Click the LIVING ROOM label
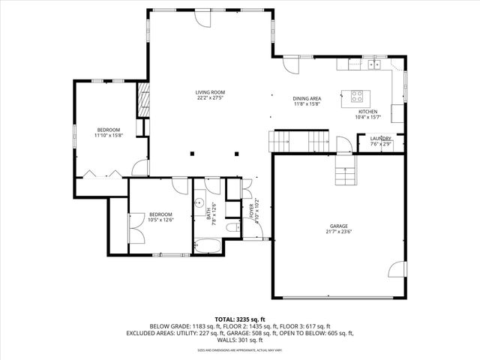(x=211, y=92)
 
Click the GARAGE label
(x=338, y=226)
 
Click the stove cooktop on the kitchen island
(x=358, y=95)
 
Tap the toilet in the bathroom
(x=233, y=226)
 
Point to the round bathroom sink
(x=200, y=203)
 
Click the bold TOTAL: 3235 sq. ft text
(x=240, y=319)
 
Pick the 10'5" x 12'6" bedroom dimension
(x=161, y=220)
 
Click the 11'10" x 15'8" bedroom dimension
(x=109, y=136)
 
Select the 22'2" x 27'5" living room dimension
(x=211, y=97)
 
